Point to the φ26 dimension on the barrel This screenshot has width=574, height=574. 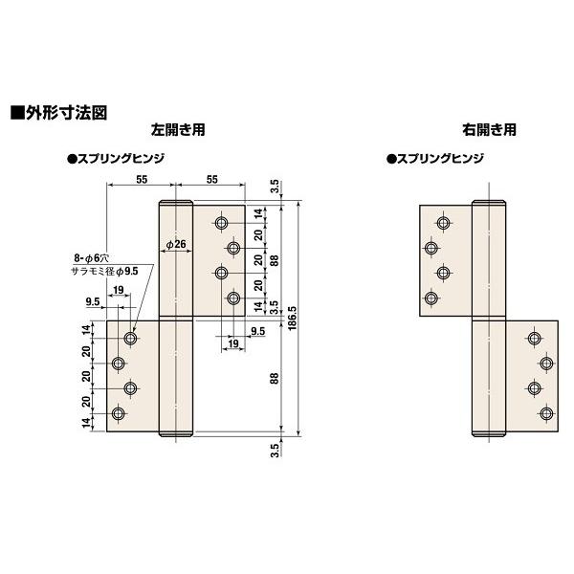(175, 246)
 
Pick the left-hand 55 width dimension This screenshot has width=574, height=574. (141, 179)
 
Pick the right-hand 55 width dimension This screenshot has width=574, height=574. (211, 179)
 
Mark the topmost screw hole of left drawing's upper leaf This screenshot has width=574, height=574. (222, 223)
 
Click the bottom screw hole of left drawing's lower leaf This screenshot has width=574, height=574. (119, 413)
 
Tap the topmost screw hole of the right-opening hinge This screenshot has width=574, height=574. (441, 223)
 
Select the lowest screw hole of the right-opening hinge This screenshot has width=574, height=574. (546, 413)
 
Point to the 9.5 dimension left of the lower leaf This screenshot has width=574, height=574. (94, 301)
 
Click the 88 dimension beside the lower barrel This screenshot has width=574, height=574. (275, 379)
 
